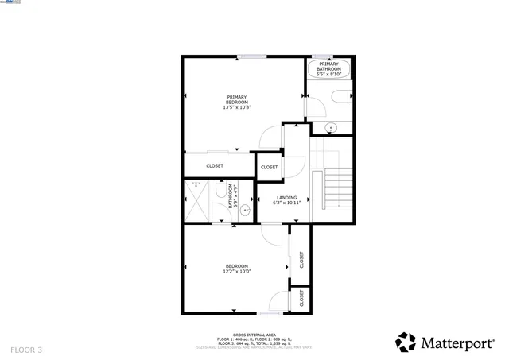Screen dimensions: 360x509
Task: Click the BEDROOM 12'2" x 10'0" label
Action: pos(236,269)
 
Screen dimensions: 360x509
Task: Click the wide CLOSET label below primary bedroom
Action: pos(215,166)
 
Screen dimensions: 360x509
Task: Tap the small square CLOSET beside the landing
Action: pos(270,168)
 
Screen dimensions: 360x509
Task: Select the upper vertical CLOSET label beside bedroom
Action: pos(301,260)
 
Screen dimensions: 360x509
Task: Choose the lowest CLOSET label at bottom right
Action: pos(301,299)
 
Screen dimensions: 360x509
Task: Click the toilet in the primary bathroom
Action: pos(341,98)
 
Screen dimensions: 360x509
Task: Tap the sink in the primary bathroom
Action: pos(330,127)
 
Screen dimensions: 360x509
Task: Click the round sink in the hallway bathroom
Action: pos(247,211)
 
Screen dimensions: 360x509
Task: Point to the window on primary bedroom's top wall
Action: pos(251,56)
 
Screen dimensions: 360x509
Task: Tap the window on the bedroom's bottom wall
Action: pos(270,312)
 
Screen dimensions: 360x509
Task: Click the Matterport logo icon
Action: pos(406,342)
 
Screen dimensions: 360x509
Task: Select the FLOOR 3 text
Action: pos(26,350)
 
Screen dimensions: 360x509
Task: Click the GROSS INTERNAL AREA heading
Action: pos(254,335)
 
